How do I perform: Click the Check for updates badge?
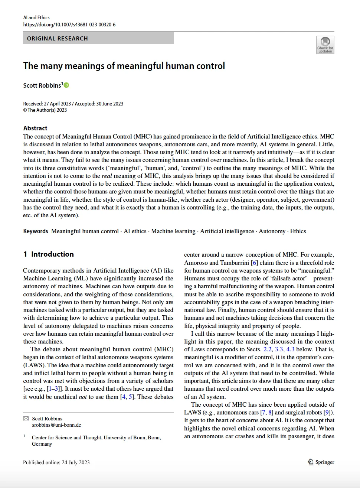point(325,45)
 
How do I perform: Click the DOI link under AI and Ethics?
point(69,25)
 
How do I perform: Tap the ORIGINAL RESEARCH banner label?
point(58,39)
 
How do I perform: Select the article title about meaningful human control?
point(124,66)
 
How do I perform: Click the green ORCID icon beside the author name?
point(67,85)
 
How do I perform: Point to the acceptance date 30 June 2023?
point(110,104)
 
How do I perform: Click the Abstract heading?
point(35,128)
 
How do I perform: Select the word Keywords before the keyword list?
point(36,231)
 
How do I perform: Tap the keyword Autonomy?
point(272,231)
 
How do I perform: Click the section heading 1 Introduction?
point(49,254)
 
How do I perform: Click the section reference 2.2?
point(267,349)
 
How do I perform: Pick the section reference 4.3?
point(290,349)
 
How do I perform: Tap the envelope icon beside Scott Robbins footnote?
point(26,419)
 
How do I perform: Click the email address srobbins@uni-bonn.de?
point(56,425)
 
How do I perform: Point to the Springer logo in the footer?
point(321,462)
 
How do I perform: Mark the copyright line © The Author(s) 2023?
point(45,110)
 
